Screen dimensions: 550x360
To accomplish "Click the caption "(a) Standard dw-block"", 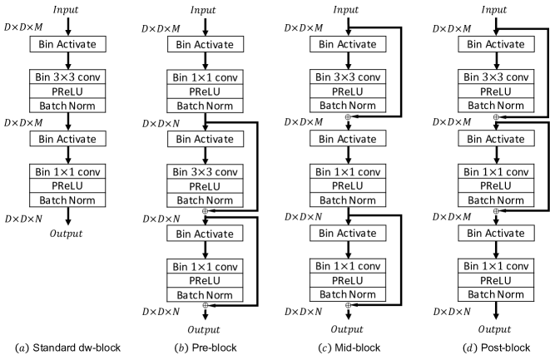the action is coord(67,348).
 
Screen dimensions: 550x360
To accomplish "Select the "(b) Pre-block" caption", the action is coord(206,348).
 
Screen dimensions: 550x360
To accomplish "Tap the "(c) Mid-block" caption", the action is coord(349,348).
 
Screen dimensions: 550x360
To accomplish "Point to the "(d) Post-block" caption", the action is coord(497,348).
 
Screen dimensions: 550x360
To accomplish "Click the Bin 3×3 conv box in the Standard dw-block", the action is coord(67,76).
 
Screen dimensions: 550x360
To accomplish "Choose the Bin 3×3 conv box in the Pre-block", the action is coord(206,172).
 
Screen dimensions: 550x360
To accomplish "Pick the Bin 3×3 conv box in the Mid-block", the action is coord(348,76).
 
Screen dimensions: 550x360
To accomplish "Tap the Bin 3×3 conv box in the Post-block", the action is coord(496,76).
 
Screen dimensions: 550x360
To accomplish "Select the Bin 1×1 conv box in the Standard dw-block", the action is coord(67,171).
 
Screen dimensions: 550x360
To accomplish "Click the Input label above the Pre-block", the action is coord(203,10).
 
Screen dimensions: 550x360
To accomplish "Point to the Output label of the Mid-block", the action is coord(347,329).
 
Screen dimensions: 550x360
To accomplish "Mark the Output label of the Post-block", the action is coord(494,329).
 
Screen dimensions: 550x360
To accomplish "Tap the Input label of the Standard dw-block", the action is coord(66,9).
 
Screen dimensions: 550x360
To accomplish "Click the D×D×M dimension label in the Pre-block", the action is coord(161,28).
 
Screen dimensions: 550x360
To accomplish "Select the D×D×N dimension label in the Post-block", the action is coord(452,311).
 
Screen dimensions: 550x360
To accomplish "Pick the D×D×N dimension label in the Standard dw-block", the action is coord(23,219).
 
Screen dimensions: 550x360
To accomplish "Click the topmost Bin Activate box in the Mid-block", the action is coord(348,44).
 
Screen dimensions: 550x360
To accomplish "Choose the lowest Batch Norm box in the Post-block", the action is coord(496,294).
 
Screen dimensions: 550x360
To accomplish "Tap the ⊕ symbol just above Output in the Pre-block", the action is coord(206,305).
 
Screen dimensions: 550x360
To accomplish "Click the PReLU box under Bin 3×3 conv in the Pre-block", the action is coord(206,186).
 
